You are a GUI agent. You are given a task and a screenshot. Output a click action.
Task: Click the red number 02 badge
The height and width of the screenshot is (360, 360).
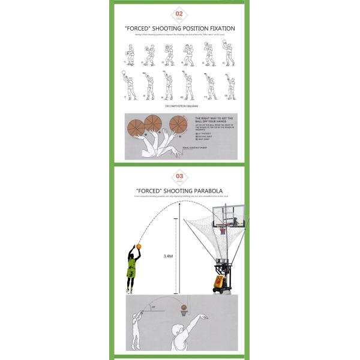tap(179, 13)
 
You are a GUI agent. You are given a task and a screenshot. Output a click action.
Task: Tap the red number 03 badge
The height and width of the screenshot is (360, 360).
tap(179, 176)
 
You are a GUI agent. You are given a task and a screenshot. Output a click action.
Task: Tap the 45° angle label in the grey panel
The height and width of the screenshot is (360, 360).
tap(154, 307)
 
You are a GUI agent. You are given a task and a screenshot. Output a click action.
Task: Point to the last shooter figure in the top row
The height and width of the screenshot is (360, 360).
tap(229, 54)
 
